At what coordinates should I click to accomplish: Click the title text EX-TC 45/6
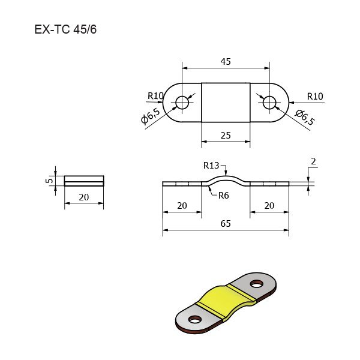65,29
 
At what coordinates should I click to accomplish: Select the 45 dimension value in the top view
226,62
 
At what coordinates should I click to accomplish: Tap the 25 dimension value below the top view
226,136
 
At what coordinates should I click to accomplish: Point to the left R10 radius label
155,96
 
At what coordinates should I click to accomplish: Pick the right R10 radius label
315,96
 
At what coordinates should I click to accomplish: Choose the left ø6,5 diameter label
151,116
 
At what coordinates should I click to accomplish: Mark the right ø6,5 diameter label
305,117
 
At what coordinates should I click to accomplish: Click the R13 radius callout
211,166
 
